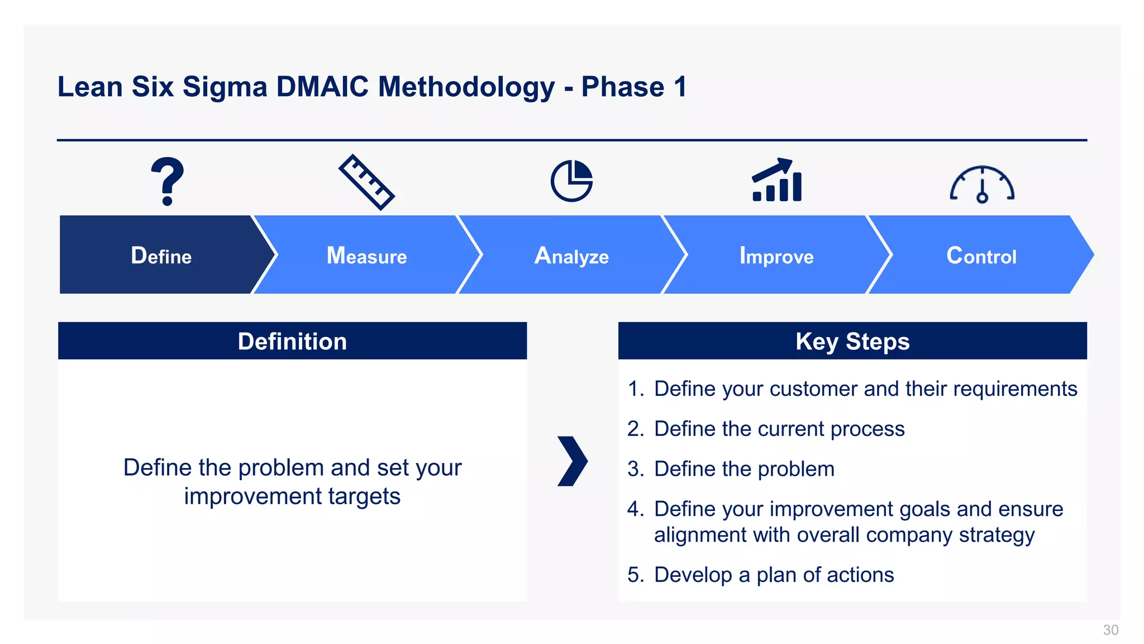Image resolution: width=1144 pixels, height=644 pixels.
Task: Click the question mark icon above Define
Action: (x=167, y=182)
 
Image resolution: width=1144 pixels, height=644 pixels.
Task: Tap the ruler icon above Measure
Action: (x=366, y=182)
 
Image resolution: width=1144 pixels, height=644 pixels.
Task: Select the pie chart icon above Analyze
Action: (x=571, y=181)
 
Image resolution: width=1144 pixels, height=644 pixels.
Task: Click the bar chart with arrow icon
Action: (x=777, y=180)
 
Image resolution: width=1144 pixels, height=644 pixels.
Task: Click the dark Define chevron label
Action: (x=161, y=255)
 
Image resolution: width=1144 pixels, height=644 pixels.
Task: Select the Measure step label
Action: (x=366, y=255)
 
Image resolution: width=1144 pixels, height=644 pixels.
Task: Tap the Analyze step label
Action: (x=571, y=256)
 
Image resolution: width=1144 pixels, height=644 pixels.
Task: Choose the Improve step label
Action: (x=776, y=256)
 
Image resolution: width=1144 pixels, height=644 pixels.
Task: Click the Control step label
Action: (x=981, y=255)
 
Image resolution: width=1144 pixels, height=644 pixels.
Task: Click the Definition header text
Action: (x=292, y=341)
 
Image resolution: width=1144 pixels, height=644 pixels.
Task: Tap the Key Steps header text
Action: (x=852, y=341)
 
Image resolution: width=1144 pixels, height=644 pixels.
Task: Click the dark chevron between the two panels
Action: (x=573, y=461)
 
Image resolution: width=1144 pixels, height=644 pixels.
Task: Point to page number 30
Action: (x=1110, y=630)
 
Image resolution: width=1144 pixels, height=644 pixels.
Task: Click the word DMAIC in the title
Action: (x=322, y=87)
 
